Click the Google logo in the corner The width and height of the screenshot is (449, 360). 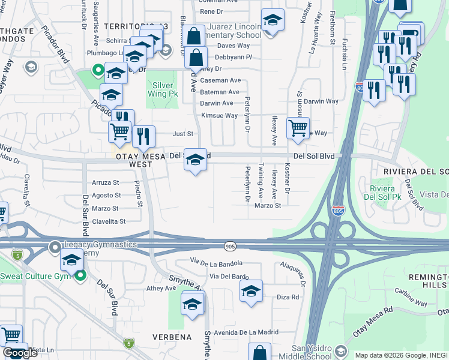tap(20, 352)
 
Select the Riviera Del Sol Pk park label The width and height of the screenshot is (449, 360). tap(382, 192)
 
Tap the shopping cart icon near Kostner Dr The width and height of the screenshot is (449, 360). tap(298, 129)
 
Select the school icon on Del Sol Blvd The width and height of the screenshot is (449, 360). tap(195, 160)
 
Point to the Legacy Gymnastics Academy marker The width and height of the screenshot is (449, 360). tap(55, 246)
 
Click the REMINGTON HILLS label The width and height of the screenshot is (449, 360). tap(427, 282)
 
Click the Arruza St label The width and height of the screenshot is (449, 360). tap(106, 182)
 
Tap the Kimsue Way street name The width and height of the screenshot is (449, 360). tap(219, 115)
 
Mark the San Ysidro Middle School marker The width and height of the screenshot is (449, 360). tap(341, 351)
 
